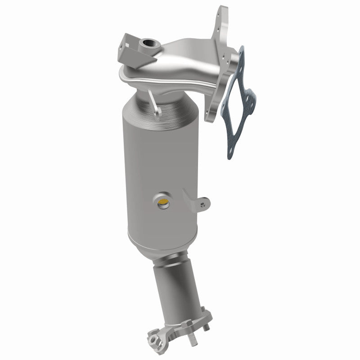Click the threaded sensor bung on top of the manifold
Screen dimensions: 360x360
(148, 44)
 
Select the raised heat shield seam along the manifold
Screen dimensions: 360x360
(148, 76)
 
